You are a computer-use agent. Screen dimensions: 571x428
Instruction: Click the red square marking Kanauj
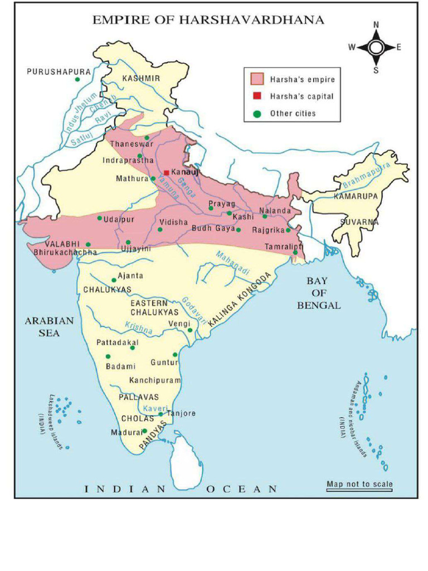tap(166, 173)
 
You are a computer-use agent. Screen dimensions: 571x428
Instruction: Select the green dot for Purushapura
tap(77, 80)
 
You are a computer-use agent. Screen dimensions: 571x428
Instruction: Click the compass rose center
tap(376, 47)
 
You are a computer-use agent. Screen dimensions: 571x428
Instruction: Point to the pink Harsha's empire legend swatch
tap(257, 79)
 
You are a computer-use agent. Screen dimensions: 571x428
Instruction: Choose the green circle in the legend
tap(257, 113)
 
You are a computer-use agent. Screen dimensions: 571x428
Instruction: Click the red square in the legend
tap(257, 96)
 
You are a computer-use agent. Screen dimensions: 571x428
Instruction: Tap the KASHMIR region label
tap(141, 79)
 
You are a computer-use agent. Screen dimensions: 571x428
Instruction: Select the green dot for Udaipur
tap(100, 218)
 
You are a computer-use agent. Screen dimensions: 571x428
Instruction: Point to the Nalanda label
tap(275, 211)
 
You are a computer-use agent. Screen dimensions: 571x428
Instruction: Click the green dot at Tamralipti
tap(295, 253)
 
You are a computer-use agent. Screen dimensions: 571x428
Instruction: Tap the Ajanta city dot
tap(114, 280)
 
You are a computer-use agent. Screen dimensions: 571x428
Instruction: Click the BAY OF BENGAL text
tap(318, 293)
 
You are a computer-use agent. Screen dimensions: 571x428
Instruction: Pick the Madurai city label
tap(123, 433)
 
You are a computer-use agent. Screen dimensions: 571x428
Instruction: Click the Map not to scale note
tap(359, 484)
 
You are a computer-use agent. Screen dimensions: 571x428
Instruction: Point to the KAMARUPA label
tap(356, 196)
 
